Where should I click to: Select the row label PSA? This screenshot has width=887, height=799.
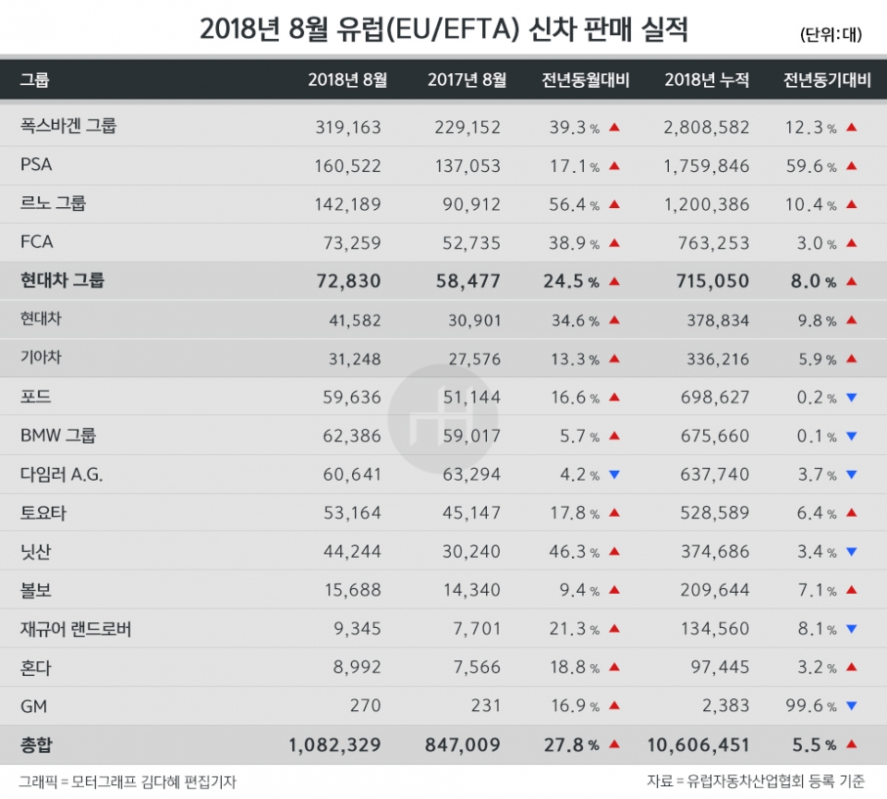[36, 166]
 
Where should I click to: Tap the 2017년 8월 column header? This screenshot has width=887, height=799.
[467, 80]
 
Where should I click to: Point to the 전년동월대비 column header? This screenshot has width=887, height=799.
[585, 80]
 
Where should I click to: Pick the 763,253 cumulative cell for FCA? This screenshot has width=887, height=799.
[712, 243]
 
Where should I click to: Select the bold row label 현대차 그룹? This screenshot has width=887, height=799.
[62, 280]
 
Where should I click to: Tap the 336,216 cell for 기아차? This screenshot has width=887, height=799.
[718, 359]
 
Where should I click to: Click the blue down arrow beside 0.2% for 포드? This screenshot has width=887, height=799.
[851, 398]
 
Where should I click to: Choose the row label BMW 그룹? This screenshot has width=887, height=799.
[58, 436]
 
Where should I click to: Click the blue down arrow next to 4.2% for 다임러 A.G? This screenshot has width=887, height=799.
[614, 475]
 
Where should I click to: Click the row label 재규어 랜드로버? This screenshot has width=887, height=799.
[76, 630]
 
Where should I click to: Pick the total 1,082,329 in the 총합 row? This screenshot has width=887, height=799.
[334, 744]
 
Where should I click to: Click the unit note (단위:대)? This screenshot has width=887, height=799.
[831, 34]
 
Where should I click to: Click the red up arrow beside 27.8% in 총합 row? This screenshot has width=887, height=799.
[614, 744]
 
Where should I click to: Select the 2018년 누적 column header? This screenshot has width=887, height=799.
[707, 80]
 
